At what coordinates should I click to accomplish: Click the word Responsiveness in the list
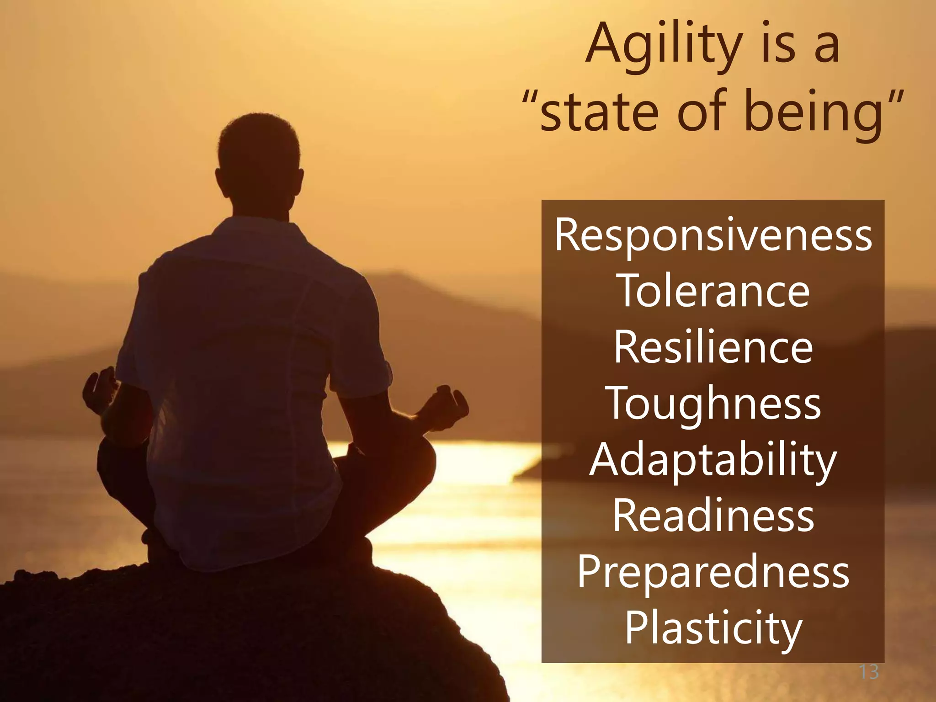(713, 235)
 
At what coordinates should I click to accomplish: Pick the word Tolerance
(713, 292)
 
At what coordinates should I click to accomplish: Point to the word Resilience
(713, 348)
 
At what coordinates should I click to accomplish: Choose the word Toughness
(713, 404)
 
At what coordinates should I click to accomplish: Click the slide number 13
(869, 672)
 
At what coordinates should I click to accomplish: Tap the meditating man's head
(259, 155)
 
